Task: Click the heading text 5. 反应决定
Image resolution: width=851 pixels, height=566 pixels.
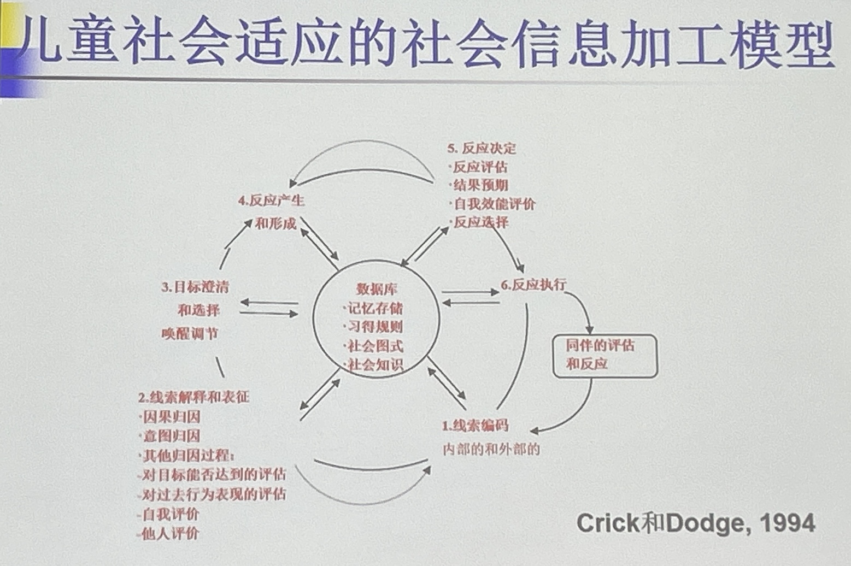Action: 482,148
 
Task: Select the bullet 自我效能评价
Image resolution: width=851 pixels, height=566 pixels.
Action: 494,204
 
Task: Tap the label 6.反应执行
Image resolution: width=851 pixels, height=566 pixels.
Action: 533,285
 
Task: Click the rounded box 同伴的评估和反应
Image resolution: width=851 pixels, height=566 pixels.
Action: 604,355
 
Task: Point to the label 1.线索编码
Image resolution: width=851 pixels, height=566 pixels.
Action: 475,426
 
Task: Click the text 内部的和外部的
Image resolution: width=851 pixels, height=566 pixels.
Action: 491,449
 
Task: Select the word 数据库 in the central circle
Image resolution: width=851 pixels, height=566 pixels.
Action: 377,289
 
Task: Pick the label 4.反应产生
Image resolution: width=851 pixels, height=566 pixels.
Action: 271,201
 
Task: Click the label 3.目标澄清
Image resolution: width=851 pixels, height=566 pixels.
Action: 195,287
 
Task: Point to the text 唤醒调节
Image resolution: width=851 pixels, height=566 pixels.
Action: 190,333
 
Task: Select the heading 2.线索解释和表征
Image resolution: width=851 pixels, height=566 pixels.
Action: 193,397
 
